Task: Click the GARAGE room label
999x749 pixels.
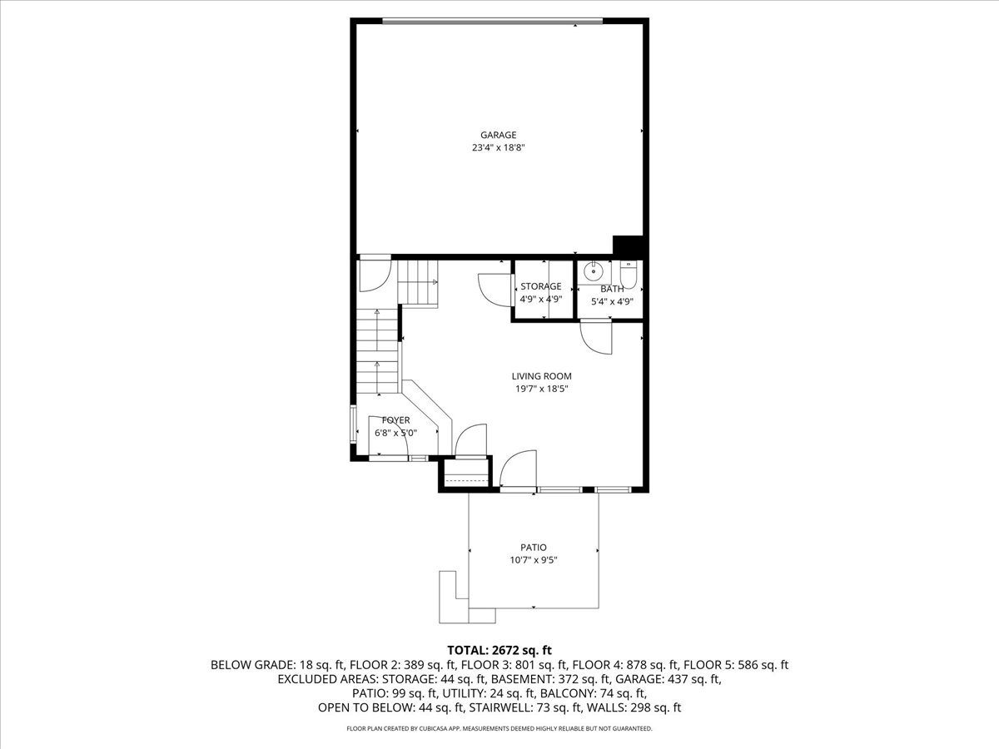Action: (498, 135)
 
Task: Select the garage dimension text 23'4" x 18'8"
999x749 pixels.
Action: (498, 148)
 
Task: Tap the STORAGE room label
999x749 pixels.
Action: (541, 286)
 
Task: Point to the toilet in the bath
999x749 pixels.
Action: (629, 273)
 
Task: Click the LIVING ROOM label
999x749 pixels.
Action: (541, 376)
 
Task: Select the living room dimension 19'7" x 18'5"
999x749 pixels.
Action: (541, 389)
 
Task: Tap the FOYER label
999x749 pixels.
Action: (395, 420)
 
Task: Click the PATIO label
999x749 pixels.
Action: (534, 548)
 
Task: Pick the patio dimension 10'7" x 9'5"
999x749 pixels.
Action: (534, 561)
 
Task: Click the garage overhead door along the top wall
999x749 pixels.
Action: (491, 22)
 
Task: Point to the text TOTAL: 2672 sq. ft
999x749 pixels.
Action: (499, 650)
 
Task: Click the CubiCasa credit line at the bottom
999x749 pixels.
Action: (499, 729)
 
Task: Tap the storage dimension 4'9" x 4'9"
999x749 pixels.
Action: (541, 300)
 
